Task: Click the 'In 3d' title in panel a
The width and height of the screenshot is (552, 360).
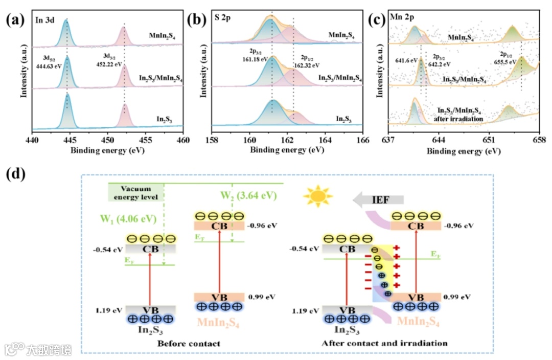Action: tap(43, 20)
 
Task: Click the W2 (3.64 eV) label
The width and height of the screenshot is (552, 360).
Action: tap(249, 196)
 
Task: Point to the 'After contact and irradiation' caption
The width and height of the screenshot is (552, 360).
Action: tap(385, 343)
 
